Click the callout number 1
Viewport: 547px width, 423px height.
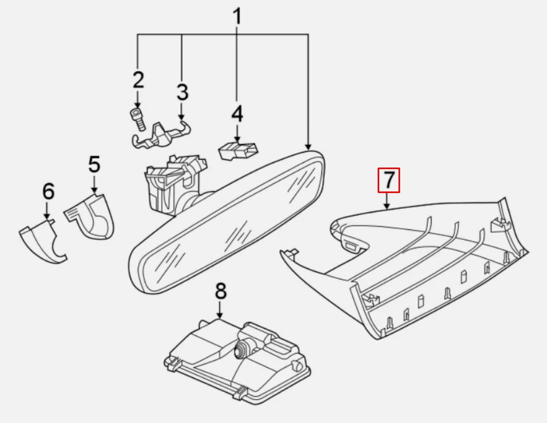237,17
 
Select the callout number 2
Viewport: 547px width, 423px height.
138,80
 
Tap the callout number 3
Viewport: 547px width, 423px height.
182,92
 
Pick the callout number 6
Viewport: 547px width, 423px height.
48,191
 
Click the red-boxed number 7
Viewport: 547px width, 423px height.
389,180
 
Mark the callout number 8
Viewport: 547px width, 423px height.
221,291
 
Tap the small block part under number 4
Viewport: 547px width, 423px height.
237,151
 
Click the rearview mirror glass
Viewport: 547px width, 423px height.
229,224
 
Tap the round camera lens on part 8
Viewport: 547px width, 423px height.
242,348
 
